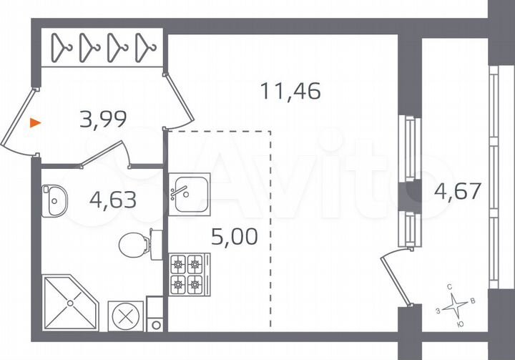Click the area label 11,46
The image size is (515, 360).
[x=290, y=91]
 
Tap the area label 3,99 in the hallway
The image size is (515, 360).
[x=104, y=119]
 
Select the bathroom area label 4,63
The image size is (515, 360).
[x=113, y=197]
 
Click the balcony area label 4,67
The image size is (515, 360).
[x=457, y=191]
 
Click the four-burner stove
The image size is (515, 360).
[x=188, y=275]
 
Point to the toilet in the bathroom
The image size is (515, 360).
[x=134, y=245]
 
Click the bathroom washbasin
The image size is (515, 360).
[x=53, y=200]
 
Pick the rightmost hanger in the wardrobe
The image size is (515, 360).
[x=145, y=48]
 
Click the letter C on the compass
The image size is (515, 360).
[x=449, y=287]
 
